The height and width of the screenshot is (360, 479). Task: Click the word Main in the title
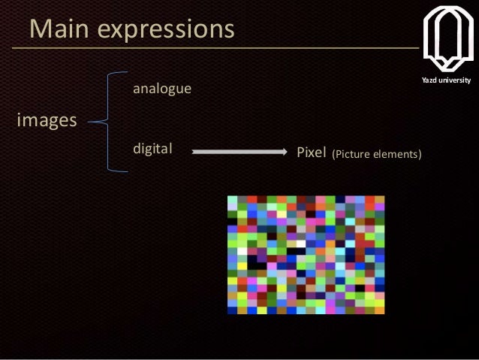(x=61, y=29)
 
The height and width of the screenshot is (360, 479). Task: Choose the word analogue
(x=161, y=89)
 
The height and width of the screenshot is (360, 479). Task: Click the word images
(x=47, y=120)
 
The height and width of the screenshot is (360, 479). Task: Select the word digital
(x=152, y=149)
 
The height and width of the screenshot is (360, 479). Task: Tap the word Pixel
(x=311, y=153)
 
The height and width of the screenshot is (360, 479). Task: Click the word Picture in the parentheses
(x=354, y=154)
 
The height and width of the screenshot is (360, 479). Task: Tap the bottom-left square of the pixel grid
(x=233, y=309)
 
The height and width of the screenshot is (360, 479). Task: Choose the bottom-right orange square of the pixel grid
(x=380, y=309)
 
